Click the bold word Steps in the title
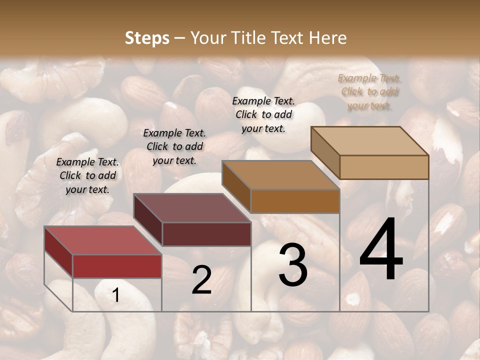(147, 38)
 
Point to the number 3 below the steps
(292, 264)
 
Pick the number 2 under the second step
(201, 280)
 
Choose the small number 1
(115, 295)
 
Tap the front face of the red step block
(117, 266)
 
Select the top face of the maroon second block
(192, 208)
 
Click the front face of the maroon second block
(206, 234)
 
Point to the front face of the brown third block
(295, 201)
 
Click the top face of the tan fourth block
(370, 141)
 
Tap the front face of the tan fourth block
(384, 167)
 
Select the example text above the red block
(87, 175)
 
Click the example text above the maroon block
(174, 146)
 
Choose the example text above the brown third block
(263, 114)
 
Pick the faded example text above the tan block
(369, 91)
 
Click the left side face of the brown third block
(236, 186)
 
